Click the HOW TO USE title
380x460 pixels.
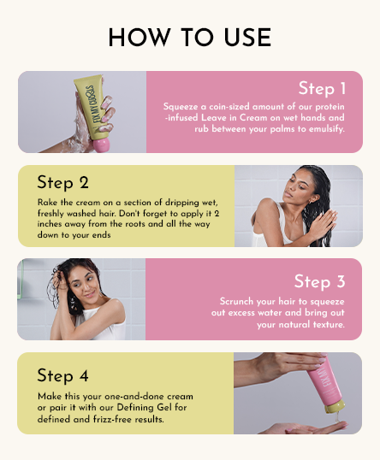190,38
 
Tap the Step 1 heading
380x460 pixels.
322,88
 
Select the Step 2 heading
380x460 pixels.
62,182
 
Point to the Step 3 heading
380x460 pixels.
319,281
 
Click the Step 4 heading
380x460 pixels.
62,375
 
